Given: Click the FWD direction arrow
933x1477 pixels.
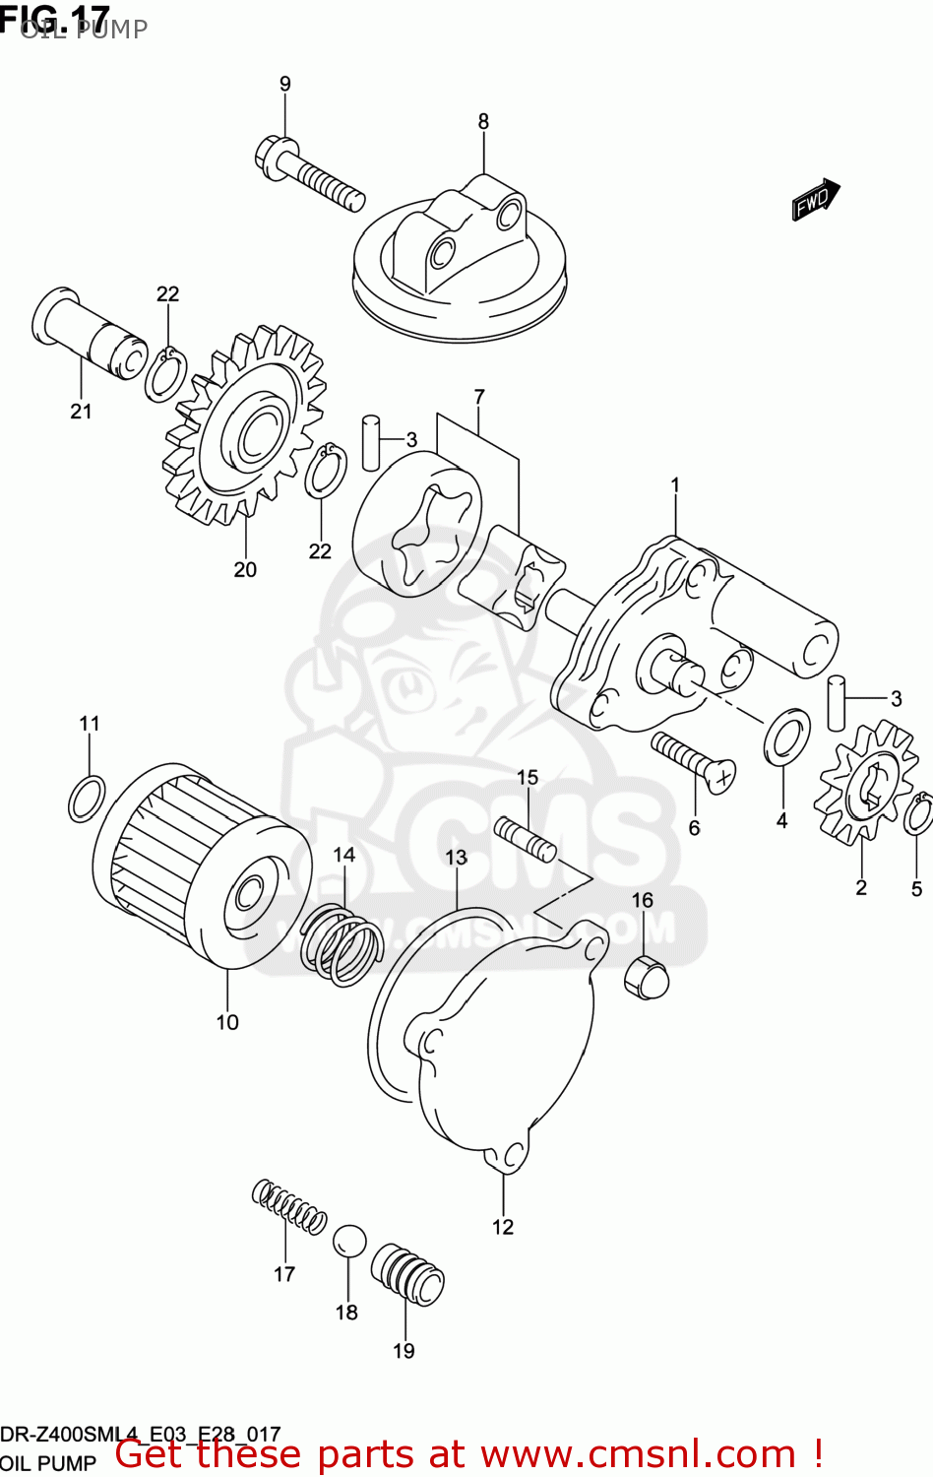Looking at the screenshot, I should click(x=815, y=200).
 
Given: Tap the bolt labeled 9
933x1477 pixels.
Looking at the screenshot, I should click(x=310, y=173).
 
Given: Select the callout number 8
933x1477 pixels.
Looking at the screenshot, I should click(x=483, y=121).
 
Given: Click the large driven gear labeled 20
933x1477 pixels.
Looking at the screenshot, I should click(x=246, y=425).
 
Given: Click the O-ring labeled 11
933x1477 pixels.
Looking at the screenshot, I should click(x=87, y=798).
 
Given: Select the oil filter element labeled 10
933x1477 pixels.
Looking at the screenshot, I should click(x=202, y=867).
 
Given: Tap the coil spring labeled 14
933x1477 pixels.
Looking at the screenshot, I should click(x=341, y=945).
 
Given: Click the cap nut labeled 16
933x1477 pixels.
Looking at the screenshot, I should click(x=647, y=975).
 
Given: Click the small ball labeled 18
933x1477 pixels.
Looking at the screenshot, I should click(x=348, y=1242).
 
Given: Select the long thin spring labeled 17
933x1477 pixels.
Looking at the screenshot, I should click(x=288, y=1206).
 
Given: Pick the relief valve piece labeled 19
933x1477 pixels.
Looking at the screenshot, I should click(x=407, y=1274).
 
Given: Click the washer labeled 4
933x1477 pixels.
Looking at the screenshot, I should click(x=786, y=736).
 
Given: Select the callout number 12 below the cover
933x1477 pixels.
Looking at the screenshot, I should click(x=503, y=1227).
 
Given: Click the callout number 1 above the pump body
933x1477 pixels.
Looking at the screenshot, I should click(x=675, y=484).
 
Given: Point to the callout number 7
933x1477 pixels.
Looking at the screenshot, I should click(x=479, y=397).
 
